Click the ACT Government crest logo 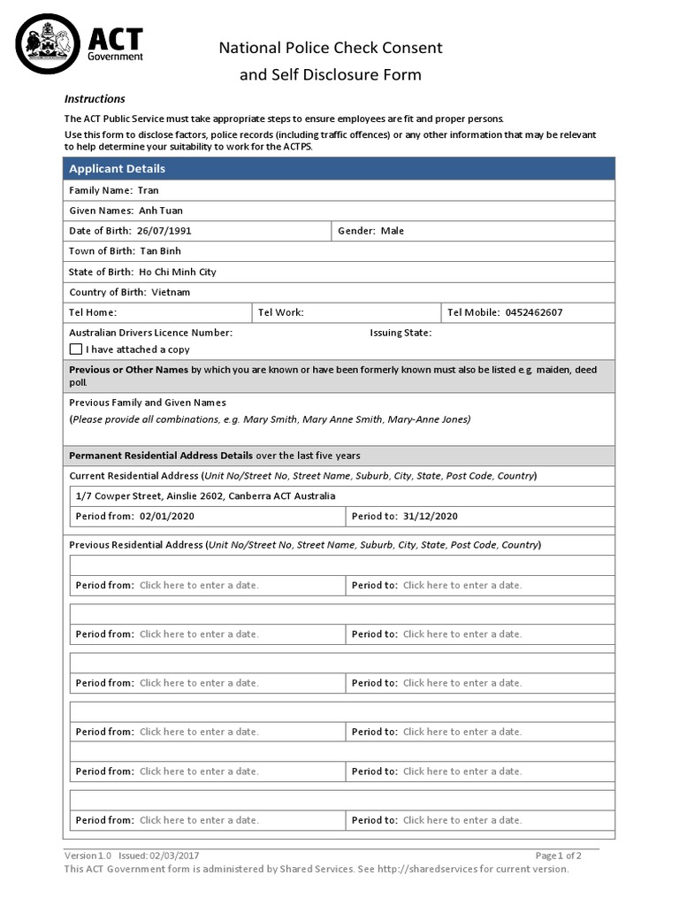[46, 42]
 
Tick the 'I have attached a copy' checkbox [76, 349]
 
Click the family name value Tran [149, 190]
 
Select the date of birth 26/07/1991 [164, 231]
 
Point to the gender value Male [393, 231]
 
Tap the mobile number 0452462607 [533, 312]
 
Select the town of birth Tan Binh [160, 251]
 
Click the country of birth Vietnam [171, 292]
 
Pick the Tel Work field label [281, 312]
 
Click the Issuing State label [401, 333]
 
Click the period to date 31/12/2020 [431, 517]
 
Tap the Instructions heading [95, 99]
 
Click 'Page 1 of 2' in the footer [558, 856]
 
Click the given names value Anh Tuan [161, 211]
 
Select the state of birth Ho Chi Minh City [178, 272]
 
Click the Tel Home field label [93, 312]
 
